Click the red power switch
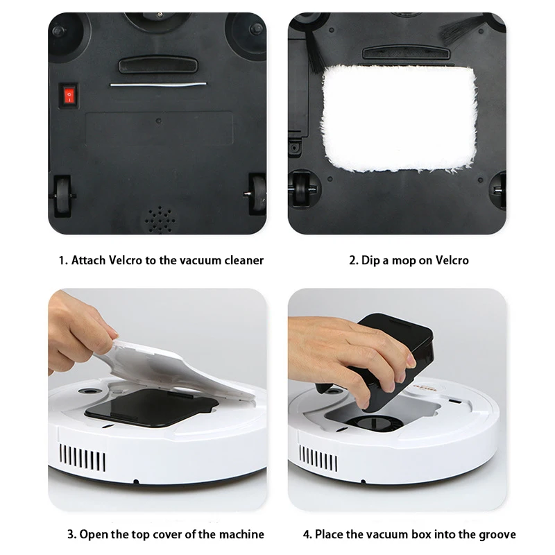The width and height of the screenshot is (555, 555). tap(69, 95)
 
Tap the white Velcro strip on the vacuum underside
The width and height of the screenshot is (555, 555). tap(158, 84)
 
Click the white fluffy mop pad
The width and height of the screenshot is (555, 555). tap(399, 118)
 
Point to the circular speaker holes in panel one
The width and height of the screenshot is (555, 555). tap(160, 219)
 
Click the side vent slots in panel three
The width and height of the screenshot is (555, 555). tap(83, 458)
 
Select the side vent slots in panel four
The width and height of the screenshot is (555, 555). tap(318, 459)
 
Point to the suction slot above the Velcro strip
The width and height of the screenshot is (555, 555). tap(158, 65)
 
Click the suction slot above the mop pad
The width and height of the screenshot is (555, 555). tap(406, 53)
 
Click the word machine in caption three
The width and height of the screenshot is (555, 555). tap(241, 534)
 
